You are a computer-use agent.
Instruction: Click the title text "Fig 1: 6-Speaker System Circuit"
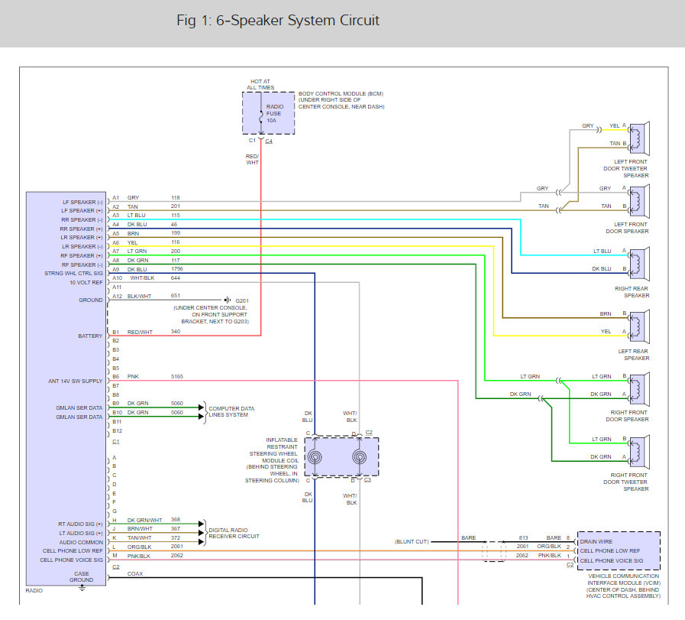(x=277, y=21)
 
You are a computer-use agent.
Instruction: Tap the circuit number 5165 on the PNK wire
(x=178, y=377)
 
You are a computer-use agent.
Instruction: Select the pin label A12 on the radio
(x=117, y=296)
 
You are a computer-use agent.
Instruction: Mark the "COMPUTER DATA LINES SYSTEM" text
(x=231, y=412)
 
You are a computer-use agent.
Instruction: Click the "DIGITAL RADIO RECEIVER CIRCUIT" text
(x=234, y=533)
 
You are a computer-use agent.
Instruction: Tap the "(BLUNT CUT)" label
(x=412, y=541)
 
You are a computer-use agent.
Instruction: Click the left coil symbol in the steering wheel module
(x=314, y=457)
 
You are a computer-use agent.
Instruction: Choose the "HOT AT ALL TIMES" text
(x=260, y=84)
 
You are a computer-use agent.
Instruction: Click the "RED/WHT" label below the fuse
(x=253, y=159)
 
